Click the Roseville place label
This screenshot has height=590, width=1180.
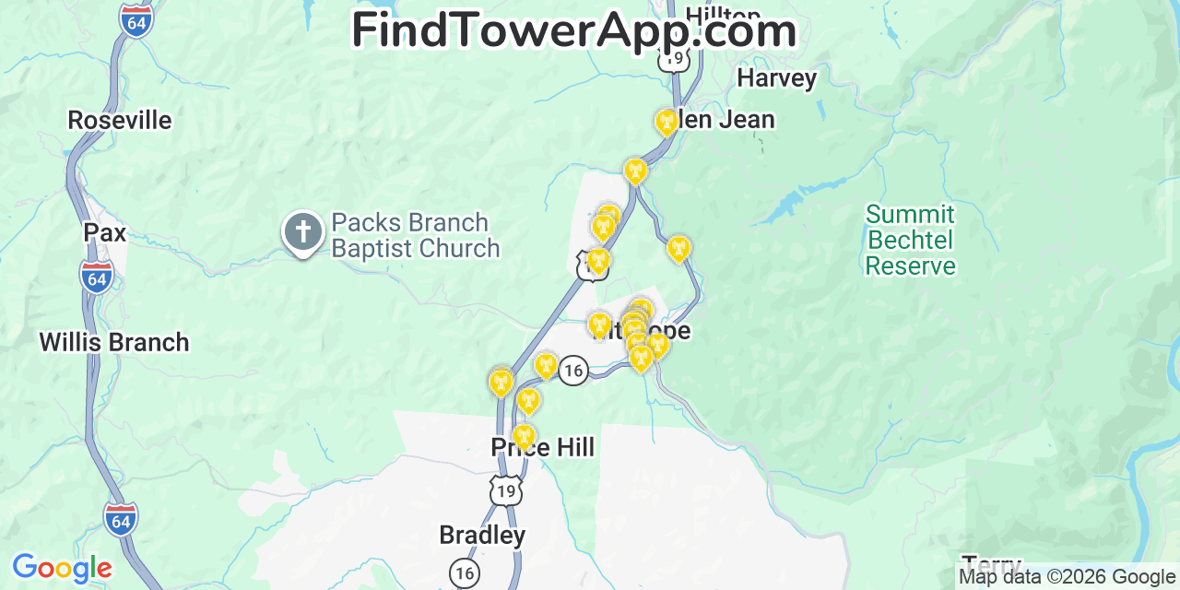[120, 120]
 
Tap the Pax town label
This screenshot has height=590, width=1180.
[105, 233]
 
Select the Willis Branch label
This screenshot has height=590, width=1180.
[114, 342]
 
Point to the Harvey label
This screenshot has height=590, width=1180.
[777, 78]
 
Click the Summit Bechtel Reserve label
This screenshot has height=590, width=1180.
[910, 241]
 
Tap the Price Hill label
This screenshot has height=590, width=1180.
[543, 448]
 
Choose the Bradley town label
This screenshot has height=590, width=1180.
[482, 535]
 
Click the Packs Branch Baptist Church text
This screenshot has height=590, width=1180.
[416, 236]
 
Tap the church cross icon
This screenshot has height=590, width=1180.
[303, 233]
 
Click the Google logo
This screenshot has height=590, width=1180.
[62, 568]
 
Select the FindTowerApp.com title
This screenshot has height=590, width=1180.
[573, 30]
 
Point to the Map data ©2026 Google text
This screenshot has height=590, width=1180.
[1068, 577]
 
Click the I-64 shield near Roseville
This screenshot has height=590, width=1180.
[136, 19]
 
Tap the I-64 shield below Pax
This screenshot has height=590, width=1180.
[96, 277]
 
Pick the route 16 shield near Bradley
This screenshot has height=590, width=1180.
[465, 572]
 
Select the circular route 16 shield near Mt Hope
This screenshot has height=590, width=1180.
[573, 371]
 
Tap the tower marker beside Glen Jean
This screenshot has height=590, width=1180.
[666, 122]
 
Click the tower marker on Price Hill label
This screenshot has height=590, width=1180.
[524, 436]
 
